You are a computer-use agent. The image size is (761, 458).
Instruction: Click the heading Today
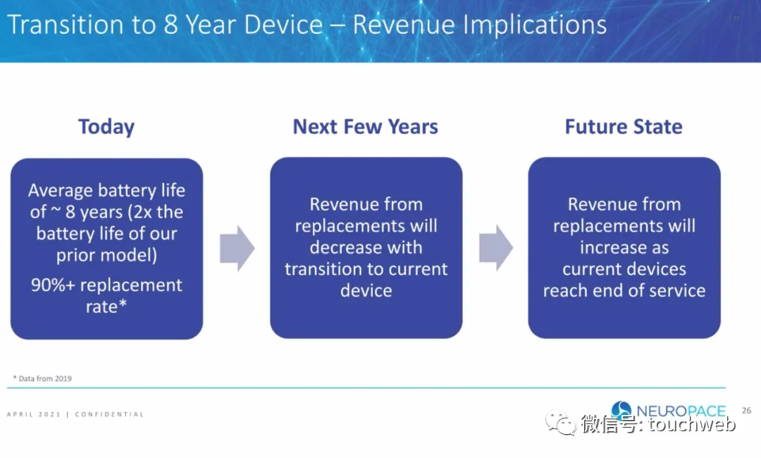click(x=106, y=127)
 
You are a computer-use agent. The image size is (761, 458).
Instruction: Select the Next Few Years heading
click(x=366, y=127)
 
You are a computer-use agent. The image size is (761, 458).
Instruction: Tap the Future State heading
click(x=624, y=127)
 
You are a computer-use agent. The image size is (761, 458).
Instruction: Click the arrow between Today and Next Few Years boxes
click(x=237, y=248)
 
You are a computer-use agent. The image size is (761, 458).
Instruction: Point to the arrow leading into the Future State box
click(x=496, y=247)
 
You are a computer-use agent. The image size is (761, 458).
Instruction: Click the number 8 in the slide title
click(x=171, y=24)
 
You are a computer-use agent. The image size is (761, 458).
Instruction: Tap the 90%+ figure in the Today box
click(x=52, y=285)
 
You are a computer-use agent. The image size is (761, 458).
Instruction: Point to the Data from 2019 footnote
click(x=43, y=378)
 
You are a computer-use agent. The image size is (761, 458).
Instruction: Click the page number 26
click(x=746, y=411)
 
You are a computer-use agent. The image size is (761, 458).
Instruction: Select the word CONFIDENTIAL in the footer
click(x=110, y=414)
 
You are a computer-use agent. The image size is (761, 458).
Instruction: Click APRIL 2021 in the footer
click(x=34, y=414)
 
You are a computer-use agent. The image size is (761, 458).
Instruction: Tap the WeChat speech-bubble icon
click(x=561, y=422)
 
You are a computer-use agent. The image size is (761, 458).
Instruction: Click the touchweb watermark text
click(x=692, y=424)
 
